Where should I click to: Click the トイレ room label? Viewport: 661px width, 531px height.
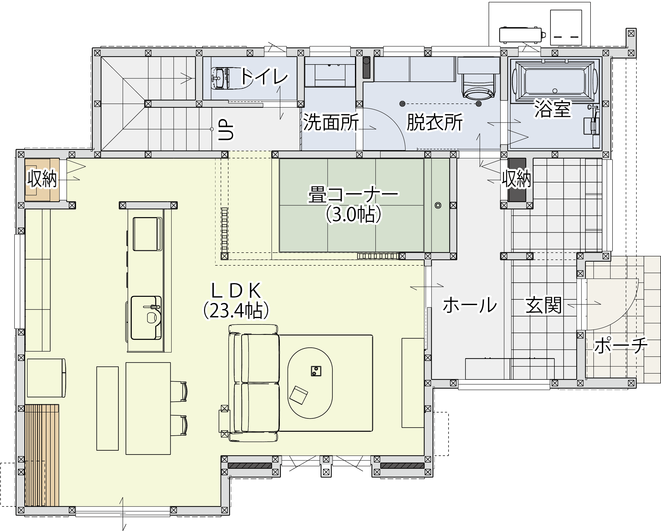pyautogui.click(x=264, y=77)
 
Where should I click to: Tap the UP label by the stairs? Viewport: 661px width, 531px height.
pyautogui.click(x=226, y=130)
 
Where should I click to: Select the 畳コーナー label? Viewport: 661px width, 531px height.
pyautogui.click(x=353, y=194)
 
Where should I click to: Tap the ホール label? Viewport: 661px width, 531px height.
pyautogui.click(x=469, y=305)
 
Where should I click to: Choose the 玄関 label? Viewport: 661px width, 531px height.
pyautogui.click(x=543, y=305)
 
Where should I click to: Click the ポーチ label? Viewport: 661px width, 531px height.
pyautogui.click(x=621, y=345)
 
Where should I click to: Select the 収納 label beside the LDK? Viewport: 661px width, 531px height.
pyautogui.click(x=42, y=178)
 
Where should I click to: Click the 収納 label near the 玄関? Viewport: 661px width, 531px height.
pyautogui.click(x=517, y=178)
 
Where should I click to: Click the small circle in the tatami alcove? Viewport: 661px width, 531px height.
pyautogui.click(x=438, y=205)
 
